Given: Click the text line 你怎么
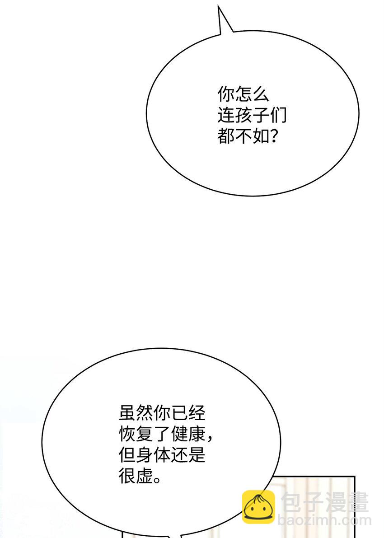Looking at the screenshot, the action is [243, 95].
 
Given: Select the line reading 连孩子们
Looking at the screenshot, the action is [252, 116].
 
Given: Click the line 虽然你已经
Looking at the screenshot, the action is [162, 413].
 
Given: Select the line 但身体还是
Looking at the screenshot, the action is [162, 455].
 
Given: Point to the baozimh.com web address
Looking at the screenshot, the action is [324, 520].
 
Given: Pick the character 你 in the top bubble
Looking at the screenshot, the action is [226, 95].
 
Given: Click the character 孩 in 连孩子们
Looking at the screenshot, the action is [243, 116].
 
